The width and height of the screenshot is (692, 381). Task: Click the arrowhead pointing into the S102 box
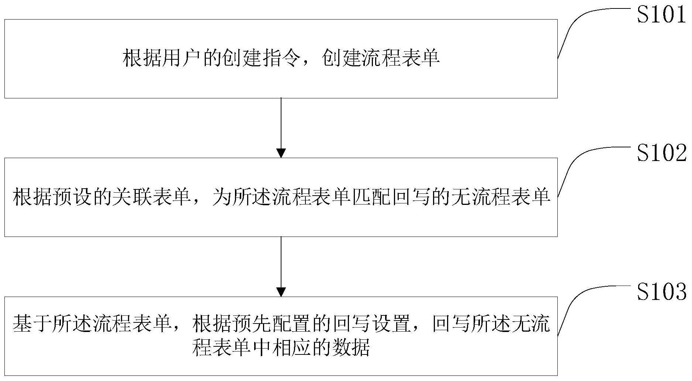click(281, 153)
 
